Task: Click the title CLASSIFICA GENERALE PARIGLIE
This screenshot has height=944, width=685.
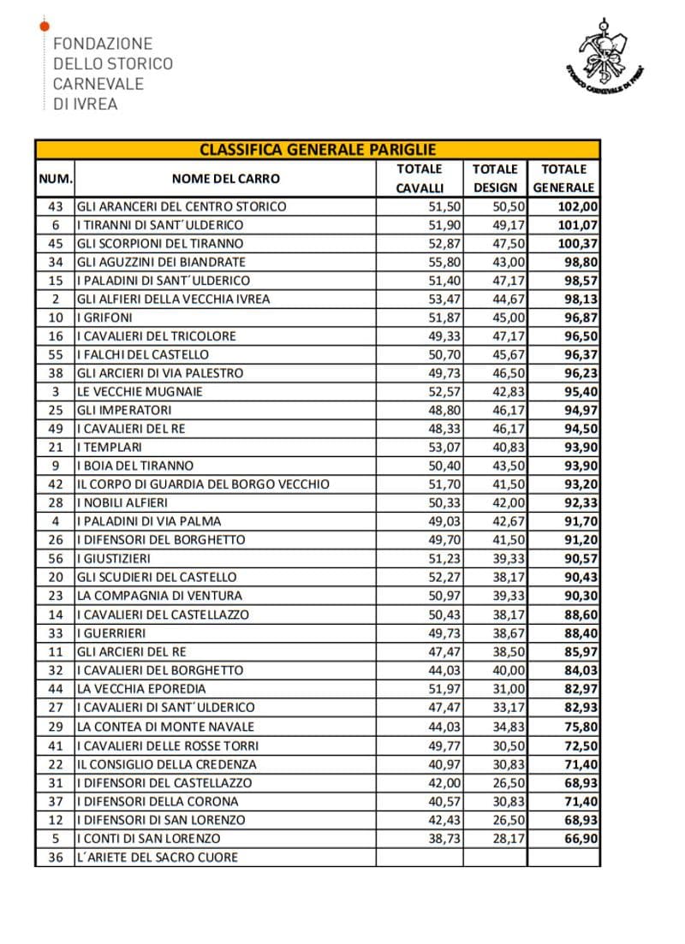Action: (318, 149)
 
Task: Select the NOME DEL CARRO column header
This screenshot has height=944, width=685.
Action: (225, 179)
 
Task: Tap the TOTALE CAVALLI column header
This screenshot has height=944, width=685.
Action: (420, 178)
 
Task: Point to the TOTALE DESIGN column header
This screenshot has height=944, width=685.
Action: (495, 178)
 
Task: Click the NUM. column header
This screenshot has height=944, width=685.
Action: (55, 179)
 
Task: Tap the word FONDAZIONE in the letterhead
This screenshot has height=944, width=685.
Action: (103, 44)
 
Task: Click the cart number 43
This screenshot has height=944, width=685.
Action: (56, 206)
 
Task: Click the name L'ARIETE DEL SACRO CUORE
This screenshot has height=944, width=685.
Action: (158, 857)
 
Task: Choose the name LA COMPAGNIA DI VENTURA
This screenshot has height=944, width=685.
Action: (159, 596)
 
